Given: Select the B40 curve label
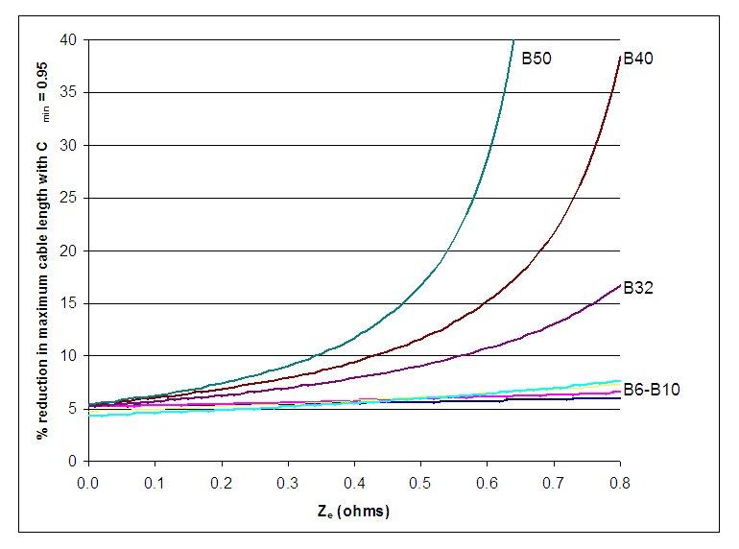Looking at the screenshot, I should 639,59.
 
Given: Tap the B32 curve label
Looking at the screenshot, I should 639,286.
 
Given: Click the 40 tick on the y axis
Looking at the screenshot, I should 68,39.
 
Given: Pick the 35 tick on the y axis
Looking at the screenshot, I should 68,92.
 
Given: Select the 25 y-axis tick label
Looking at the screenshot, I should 68,198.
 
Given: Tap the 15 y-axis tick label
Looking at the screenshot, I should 68,303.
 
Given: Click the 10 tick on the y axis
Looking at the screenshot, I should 68,356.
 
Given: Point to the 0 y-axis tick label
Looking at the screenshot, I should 72,462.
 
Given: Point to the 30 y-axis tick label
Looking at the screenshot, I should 68,145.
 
